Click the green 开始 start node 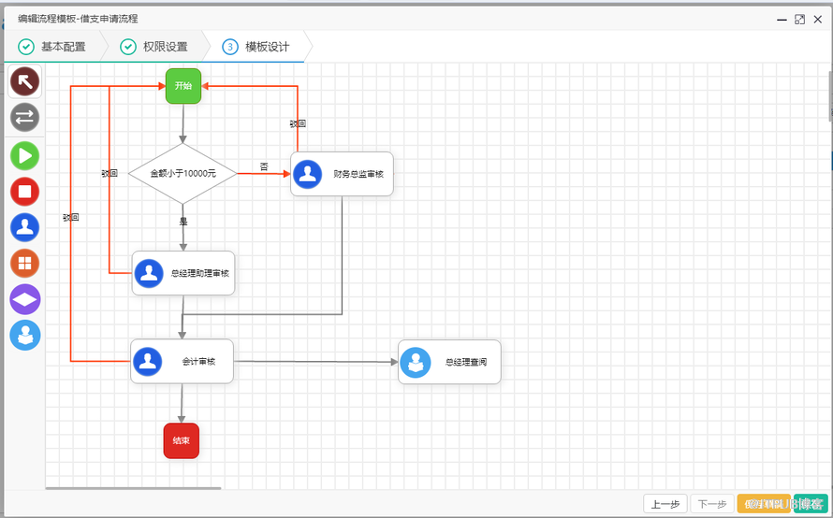pos(183,86)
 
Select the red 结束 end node pos(182,440)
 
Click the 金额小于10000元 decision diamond pos(183,173)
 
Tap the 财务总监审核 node pos(342,174)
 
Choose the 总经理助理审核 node pos(183,273)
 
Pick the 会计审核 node pos(182,361)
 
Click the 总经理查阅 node pos(449,362)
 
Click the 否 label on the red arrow pos(264,166)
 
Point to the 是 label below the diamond pos(183,222)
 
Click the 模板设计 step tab pos(256,47)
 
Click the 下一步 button pos(712,504)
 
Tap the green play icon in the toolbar pos(25,155)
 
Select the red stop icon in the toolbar pos(25,192)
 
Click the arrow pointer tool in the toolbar pos(25,82)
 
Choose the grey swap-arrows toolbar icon pos(25,118)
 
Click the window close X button pos(820,19)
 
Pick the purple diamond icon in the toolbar pos(25,299)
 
